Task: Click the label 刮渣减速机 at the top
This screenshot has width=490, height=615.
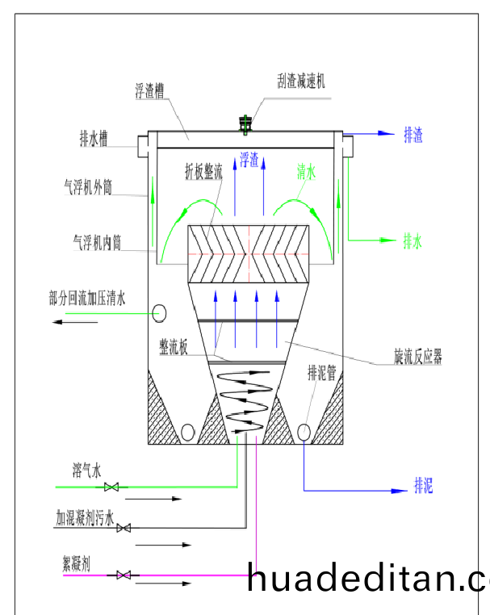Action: point(301,82)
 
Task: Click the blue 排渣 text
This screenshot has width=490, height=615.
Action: point(413,135)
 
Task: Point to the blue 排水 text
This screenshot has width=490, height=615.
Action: point(413,241)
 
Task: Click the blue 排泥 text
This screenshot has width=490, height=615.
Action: point(424,485)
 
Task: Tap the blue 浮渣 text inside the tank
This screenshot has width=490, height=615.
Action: point(249,160)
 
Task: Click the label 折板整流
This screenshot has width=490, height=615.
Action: point(203,171)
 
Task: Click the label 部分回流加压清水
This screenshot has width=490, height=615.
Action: point(87,299)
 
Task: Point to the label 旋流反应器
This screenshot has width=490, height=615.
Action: point(417,356)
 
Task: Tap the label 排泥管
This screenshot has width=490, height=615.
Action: point(321,373)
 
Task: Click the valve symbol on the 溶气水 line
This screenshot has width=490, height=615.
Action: point(113,487)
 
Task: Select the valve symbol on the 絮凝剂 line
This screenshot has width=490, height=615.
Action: point(124,575)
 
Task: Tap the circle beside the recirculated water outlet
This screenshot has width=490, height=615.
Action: point(160,312)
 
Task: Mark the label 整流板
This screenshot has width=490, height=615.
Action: point(174,346)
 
